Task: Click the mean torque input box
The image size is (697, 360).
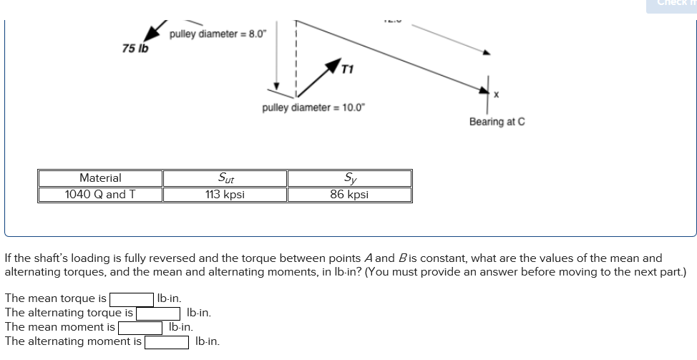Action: [131, 298]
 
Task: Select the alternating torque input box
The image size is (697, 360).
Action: [159, 313]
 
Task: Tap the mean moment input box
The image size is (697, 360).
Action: [141, 327]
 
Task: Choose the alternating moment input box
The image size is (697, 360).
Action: [167, 341]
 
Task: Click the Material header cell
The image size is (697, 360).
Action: [100, 178]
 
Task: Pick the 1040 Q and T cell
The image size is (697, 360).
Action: [100, 195]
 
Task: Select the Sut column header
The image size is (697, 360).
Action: [225, 178]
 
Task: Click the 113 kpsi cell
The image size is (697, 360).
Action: [225, 195]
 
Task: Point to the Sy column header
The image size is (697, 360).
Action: [349, 178]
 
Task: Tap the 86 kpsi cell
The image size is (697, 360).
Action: [349, 195]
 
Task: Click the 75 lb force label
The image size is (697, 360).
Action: [135, 49]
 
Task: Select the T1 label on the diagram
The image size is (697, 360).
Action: [347, 69]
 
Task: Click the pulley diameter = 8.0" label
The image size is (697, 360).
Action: [218, 34]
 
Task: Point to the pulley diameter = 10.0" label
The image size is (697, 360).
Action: [313, 108]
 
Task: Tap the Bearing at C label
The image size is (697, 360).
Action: [497, 122]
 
